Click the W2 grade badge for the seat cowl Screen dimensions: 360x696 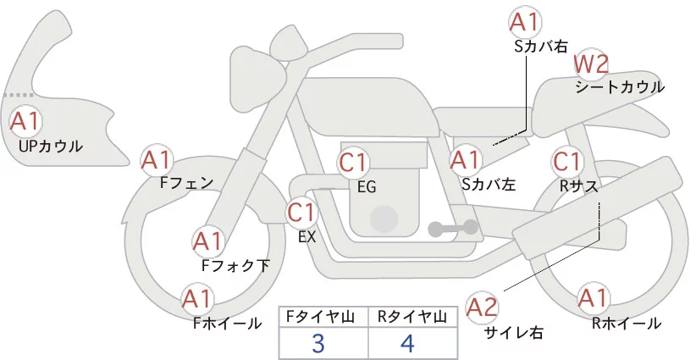pyautogui.click(x=591, y=64)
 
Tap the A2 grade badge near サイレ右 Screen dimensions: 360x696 pyautogui.click(x=483, y=306)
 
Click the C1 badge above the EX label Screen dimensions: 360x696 pyautogui.click(x=302, y=212)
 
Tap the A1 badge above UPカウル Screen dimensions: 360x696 pyautogui.click(x=25, y=121)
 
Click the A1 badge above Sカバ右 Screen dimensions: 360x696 pyautogui.click(x=524, y=22)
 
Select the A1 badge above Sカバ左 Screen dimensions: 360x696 pyautogui.click(x=466, y=159)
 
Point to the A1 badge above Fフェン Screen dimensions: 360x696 pyautogui.click(x=157, y=159)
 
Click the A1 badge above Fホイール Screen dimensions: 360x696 pyautogui.click(x=198, y=299)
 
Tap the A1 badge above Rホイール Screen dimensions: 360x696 pyautogui.click(x=592, y=298)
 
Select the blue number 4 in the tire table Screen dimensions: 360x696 pyautogui.click(x=409, y=343)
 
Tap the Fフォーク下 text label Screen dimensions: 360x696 pyautogui.click(x=235, y=265)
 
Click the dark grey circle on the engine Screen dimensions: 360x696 pyautogui.click(x=384, y=219)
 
